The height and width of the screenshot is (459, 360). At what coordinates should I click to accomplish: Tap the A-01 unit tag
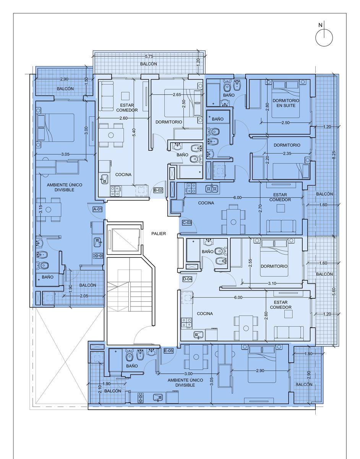pos(97,209)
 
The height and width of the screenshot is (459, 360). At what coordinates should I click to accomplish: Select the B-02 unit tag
pos(158,190)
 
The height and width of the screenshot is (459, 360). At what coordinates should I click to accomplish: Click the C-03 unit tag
pos(187,223)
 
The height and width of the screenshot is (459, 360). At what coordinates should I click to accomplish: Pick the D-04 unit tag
pos(187,279)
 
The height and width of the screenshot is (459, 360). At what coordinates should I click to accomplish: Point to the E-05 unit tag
pos(169,351)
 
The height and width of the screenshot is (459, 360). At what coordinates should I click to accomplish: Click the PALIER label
pos(159,233)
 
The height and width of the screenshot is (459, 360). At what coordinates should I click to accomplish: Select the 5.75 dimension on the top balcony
pos(149,56)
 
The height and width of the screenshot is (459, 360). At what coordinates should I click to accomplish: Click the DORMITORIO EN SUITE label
pos(286,103)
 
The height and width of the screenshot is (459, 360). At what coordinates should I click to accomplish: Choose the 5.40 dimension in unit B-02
pos(134,132)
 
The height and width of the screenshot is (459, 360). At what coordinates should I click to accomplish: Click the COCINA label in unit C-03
pos(206,203)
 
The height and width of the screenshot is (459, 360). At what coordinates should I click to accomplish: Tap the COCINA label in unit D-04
pos(205,314)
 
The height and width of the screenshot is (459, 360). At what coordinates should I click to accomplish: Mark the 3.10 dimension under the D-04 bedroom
pos(272,283)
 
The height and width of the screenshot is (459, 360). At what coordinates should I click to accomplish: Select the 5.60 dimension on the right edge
pos(334,292)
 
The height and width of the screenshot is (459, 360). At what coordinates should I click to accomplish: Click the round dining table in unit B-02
pos(111,135)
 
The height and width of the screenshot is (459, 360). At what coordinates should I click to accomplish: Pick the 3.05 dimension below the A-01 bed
pos(65,154)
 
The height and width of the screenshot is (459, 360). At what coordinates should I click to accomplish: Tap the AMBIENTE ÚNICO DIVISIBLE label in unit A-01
pos(64,187)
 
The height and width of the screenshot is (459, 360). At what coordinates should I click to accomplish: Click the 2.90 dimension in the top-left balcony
pos(64,79)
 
